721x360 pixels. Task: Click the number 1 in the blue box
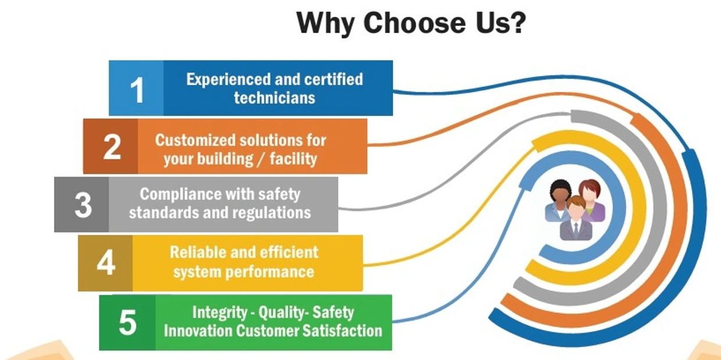point(137,90)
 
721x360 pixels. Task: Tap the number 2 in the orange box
point(112,147)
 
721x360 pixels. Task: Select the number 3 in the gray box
point(83,205)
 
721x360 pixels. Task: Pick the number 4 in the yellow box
point(106,263)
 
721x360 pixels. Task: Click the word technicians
point(274,97)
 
